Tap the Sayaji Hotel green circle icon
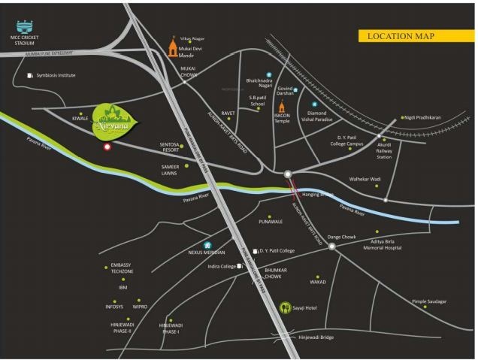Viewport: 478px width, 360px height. click(285, 307)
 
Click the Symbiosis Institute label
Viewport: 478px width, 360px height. click(56, 76)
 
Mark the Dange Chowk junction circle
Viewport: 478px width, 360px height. click(331, 245)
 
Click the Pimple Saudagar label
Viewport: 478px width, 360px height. click(429, 301)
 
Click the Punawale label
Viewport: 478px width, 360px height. click(270, 222)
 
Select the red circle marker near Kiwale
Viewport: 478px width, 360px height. click(107, 147)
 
